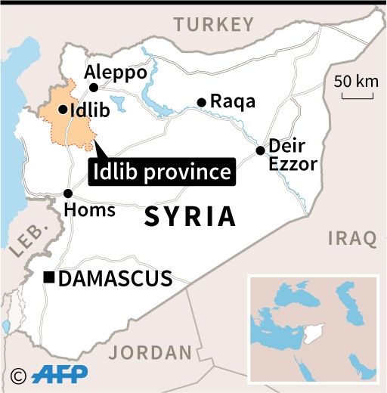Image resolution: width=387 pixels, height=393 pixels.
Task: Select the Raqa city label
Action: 233,101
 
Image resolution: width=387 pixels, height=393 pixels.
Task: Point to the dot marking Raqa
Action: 201,102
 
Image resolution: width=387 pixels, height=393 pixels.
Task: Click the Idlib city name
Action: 90,110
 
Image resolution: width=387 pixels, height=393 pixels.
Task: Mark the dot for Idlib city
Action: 62,110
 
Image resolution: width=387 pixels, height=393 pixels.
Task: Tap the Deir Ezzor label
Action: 293,154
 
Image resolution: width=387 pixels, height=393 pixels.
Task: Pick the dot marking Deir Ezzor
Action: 260,150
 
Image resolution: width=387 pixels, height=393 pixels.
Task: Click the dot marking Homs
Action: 68,193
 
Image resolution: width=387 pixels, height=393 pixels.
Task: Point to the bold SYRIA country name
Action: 189,217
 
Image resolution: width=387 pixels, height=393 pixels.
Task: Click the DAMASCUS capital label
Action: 115,279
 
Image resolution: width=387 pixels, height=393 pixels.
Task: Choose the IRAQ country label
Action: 352,238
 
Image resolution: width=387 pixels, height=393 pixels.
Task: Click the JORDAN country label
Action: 151,352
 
